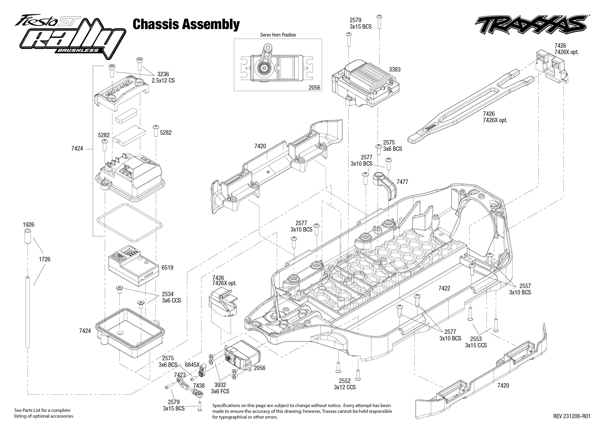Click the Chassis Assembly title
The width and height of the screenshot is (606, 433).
[186, 24]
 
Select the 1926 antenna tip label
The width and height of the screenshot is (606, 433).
[28, 225]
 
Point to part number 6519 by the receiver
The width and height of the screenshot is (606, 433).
[167, 267]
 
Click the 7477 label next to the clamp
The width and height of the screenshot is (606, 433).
[402, 182]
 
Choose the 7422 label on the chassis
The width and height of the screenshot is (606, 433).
[444, 288]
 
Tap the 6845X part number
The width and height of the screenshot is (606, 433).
[192, 365]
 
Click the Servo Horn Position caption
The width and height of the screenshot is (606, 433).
[278, 35]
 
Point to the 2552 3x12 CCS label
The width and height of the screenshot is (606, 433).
[345, 384]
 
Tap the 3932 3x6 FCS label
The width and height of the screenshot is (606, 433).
[220, 388]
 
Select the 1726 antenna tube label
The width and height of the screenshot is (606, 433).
[44, 259]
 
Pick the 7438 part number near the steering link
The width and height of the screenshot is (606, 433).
[199, 385]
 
